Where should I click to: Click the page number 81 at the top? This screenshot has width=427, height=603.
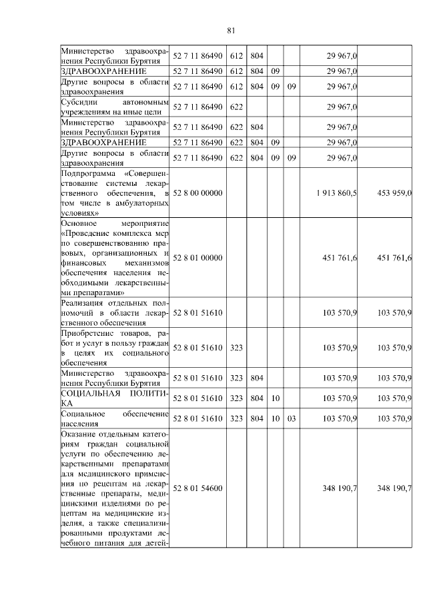(231, 30)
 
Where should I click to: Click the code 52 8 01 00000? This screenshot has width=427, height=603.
(197, 258)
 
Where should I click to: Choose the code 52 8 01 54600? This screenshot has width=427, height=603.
(197, 488)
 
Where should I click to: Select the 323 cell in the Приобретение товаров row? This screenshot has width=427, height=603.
(236, 348)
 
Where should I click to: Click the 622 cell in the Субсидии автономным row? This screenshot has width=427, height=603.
(236, 107)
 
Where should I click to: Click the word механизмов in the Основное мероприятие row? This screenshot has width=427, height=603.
(147, 263)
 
